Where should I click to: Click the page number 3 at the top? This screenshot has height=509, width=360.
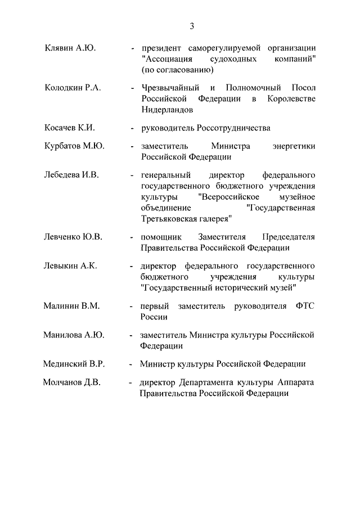[192, 26]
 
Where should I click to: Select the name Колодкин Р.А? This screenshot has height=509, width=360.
[73, 88]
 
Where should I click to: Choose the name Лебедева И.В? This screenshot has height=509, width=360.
[71, 175]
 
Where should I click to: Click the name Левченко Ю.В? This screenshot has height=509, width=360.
[73, 237]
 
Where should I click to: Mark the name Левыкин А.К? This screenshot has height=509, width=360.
[70, 266]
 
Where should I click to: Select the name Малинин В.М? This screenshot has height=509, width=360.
[71, 306]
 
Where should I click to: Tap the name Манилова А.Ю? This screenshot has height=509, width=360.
[74, 335]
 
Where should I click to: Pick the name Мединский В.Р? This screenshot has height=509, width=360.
[74, 364]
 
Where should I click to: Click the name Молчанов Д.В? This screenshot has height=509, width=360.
[72, 382]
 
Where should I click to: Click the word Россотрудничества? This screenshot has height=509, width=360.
[233, 128]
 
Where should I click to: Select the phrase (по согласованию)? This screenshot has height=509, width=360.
[177, 70]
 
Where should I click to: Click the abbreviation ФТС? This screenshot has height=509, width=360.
[304, 306]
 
